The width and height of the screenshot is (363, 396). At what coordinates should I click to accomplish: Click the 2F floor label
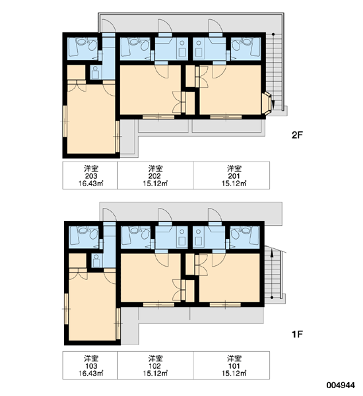[x=297, y=135]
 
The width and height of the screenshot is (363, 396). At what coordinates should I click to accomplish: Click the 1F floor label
[x=297, y=335]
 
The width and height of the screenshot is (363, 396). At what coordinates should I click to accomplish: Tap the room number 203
[x=91, y=176]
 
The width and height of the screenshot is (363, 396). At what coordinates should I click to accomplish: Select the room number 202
[x=155, y=176]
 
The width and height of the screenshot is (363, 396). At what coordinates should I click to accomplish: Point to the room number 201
[x=234, y=176]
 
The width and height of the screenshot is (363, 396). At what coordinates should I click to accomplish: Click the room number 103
[x=91, y=366]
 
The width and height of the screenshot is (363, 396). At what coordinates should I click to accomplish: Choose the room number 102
[x=155, y=366]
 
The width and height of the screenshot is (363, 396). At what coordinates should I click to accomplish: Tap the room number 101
[x=234, y=366]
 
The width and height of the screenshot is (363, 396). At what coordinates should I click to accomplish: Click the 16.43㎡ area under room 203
[x=91, y=183]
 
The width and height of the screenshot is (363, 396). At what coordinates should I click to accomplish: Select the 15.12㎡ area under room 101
[x=234, y=374]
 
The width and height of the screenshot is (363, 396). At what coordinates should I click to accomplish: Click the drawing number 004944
[x=341, y=385]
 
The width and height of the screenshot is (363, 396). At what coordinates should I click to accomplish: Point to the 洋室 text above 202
[x=155, y=168]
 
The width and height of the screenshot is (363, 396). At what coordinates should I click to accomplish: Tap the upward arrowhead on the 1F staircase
[x=272, y=253]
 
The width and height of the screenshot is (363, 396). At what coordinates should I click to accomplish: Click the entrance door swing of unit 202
[x=165, y=26]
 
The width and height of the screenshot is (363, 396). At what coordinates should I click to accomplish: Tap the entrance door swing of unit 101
[x=215, y=214]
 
